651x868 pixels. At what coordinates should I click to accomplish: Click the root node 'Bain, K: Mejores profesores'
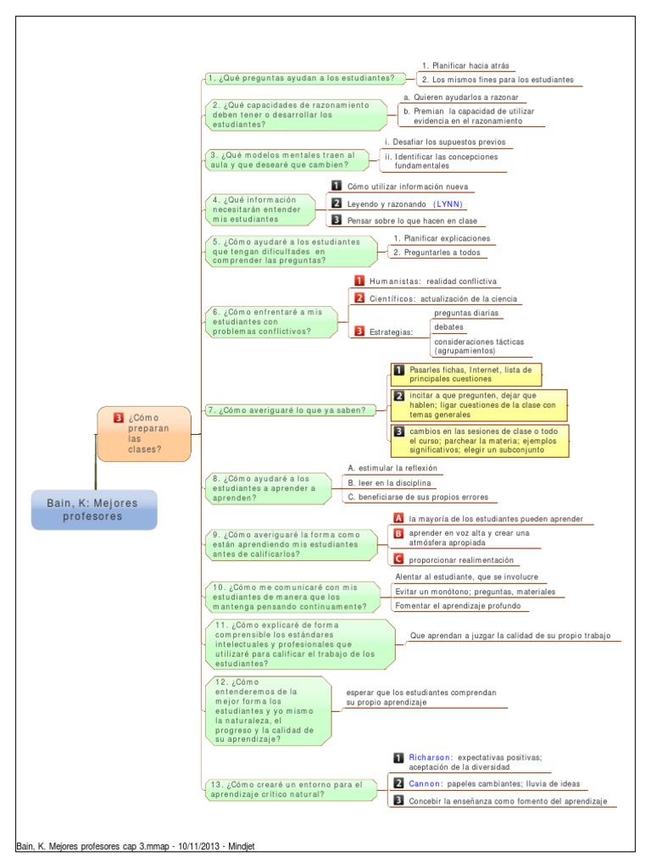point(94,509)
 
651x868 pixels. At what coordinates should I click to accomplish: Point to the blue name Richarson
point(429,757)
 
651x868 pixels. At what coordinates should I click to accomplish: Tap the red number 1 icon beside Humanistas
point(359,281)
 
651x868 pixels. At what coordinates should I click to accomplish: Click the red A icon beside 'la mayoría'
point(398,518)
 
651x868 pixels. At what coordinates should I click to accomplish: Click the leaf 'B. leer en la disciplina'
point(390,482)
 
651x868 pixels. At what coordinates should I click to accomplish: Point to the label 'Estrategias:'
point(391,332)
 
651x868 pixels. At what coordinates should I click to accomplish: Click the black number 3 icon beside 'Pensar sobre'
point(337,220)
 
